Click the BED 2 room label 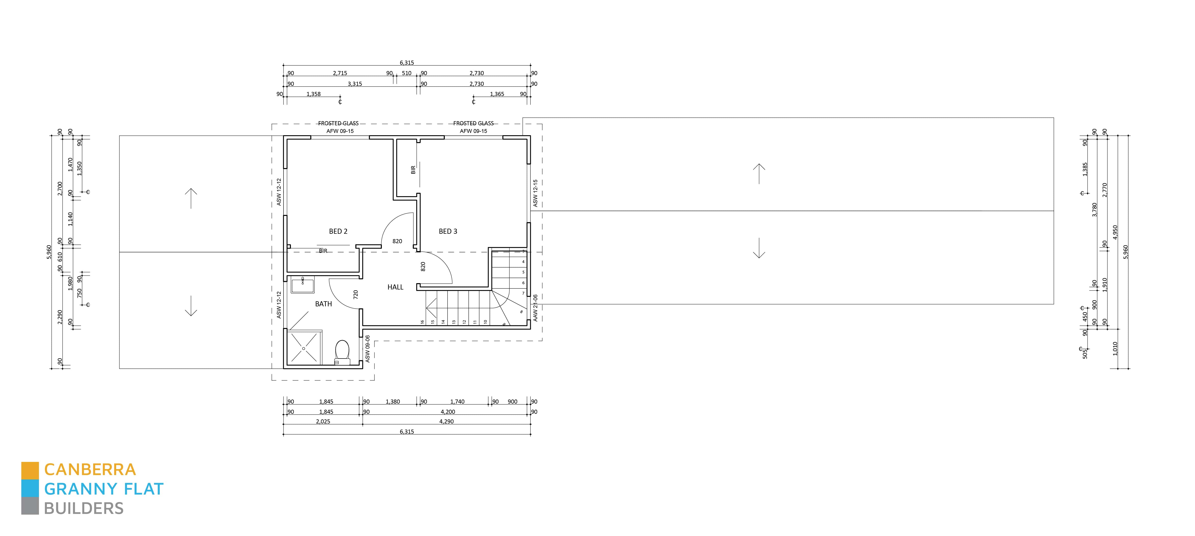[338, 231]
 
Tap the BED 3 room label [448, 231]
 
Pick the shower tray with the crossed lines [304, 348]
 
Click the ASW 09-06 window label [367, 349]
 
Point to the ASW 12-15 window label [535, 193]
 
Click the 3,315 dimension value [355, 84]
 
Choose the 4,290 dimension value [446, 421]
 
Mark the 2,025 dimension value [323, 421]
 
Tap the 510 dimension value [406, 73]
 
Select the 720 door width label [356, 294]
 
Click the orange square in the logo [30, 470]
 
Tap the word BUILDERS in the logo [84, 509]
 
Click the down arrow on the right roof [759, 248]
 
